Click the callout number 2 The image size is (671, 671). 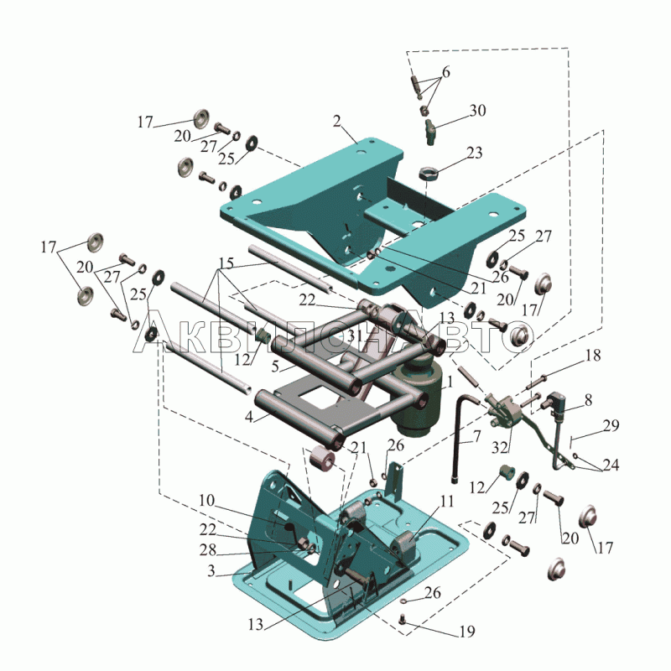337,122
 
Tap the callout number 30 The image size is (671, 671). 478,111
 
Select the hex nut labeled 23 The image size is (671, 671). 429,174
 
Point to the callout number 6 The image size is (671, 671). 446,72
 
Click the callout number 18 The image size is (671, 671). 593,355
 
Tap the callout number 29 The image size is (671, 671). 611,425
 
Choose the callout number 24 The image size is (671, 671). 611,465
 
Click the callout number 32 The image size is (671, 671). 499,448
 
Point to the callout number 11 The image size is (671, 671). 446,501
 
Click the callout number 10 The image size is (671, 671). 206,500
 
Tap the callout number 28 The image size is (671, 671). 207,550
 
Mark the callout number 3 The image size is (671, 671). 211,571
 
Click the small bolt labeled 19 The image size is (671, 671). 403,618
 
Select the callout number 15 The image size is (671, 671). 226,263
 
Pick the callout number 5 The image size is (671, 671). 275,366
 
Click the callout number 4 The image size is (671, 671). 249,416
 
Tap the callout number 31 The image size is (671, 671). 354,336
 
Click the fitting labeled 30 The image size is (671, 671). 430,132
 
